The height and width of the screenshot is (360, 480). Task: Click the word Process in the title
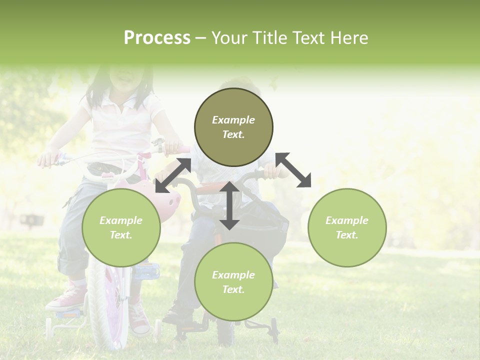[157, 38]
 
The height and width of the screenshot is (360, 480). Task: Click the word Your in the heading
[230, 38]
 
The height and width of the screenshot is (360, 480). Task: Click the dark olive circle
[233, 127]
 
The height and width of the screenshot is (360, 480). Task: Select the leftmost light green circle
[121, 227]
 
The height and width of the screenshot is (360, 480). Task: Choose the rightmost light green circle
[347, 227]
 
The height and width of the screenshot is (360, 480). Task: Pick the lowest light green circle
[233, 282]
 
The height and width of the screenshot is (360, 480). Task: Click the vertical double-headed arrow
[229, 205]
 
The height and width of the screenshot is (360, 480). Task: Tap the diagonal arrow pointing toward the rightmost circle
[293, 170]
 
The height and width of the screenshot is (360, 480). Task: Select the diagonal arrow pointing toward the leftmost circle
[173, 175]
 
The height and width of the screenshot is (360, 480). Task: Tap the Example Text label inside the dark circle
[233, 127]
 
